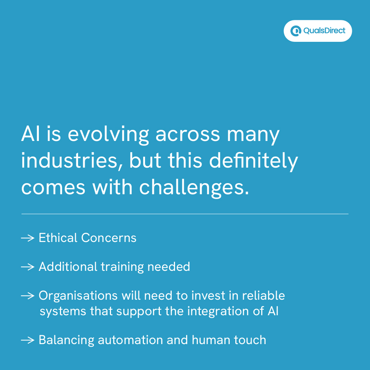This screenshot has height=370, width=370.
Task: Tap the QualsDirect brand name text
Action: tap(324, 31)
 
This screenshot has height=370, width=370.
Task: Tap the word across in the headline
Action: tap(188, 134)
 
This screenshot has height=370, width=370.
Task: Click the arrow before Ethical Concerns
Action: tap(28, 238)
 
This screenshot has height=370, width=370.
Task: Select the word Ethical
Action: tap(58, 238)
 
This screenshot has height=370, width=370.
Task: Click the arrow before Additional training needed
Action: tap(28, 267)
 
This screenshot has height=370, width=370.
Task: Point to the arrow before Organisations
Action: tap(28, 296)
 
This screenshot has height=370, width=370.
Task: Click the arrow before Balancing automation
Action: tap(28, 340)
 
